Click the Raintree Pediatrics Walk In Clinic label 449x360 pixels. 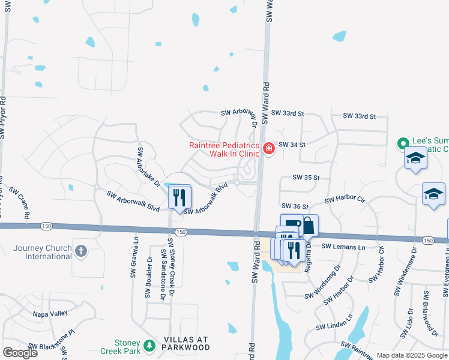click(224, 149)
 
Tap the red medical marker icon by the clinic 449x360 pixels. click(268, 148)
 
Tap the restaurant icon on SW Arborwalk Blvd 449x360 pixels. click(179, 197)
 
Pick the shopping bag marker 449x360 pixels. click(309, 226)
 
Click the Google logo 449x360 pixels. click(20, 353)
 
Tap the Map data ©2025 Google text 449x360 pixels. click(411, 355)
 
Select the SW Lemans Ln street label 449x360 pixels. click(343, 247)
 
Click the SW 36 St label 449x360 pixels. click(295, 206)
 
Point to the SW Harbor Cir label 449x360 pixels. click(345, 199)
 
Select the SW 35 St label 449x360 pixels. click(306, 178)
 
